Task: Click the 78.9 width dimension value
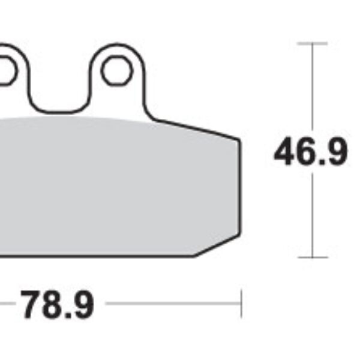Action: (x=58, y=305)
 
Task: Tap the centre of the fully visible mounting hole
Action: (x=116, y=71)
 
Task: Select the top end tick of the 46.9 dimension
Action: (x=312, y=44)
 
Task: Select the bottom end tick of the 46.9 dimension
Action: (x=312, y=257)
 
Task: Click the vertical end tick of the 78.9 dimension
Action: (x=241, y=304)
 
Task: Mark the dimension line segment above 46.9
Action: (x=312, y=90)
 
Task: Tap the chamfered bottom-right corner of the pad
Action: (x=217, y=244)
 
